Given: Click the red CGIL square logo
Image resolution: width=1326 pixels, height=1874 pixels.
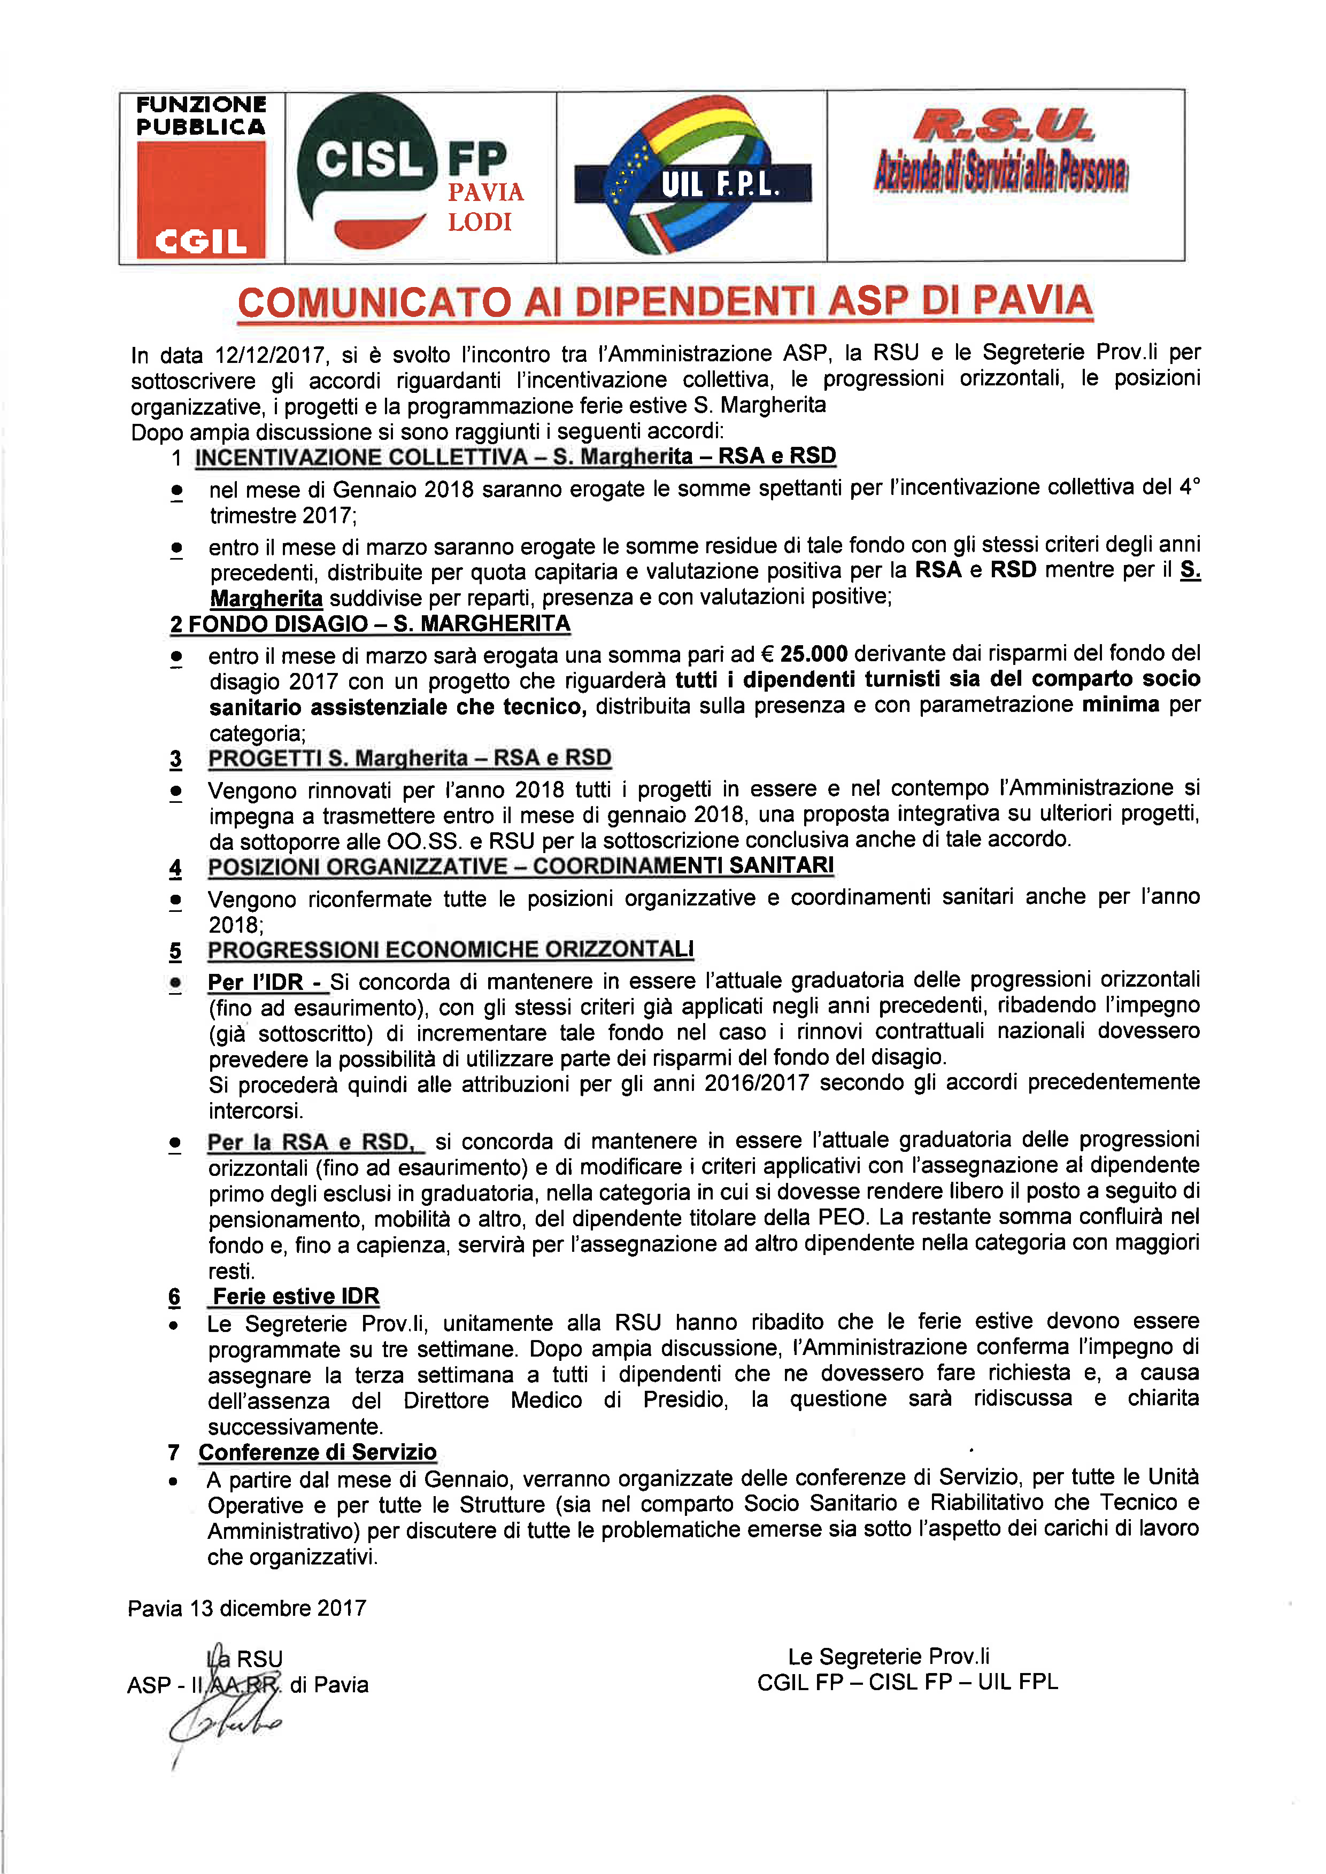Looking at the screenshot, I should tap(201, 199).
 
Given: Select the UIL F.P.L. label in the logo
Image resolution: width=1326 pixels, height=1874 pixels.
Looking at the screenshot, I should tap(719, 184).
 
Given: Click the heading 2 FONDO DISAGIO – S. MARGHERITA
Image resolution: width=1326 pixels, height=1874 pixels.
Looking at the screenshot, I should tap(370, 624).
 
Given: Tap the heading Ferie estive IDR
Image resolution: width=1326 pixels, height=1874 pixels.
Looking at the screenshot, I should tap(296, 1296).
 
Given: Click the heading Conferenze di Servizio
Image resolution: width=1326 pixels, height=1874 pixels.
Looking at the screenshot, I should tap(318, 1452).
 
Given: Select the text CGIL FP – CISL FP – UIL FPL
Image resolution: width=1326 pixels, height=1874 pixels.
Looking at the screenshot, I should tap(907, 1682).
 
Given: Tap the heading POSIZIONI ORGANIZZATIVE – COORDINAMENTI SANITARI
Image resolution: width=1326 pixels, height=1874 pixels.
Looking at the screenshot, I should tap(520, 865).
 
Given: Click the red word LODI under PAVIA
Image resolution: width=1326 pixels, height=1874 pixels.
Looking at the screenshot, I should tap(479, 222).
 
